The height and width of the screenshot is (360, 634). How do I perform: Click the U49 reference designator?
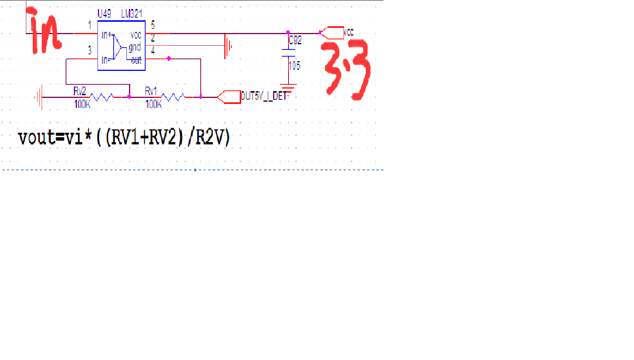(104, 14)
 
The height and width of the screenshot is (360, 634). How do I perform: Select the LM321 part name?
(132, 14)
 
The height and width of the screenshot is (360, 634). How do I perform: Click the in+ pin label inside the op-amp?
(107, 35)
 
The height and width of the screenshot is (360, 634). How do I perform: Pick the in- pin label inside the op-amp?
(105, 60)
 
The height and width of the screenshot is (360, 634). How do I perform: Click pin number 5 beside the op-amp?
(153, 25)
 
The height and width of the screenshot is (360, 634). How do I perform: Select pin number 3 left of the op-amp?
(90, 50)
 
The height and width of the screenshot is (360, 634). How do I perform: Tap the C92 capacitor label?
(295, 40)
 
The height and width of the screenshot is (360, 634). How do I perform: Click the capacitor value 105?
(294, 66)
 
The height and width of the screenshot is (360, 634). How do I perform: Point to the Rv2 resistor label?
(80, 91)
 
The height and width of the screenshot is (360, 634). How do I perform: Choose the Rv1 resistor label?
(151, 91)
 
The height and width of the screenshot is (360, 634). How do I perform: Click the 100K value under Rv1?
(153, 104)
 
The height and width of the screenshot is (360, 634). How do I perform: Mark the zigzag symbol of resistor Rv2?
(102, 97)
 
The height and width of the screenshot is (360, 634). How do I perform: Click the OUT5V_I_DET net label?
(264, 96)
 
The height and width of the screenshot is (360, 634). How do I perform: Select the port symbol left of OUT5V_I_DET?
(229, 97)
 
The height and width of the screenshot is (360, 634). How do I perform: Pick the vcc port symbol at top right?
(332, 33)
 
